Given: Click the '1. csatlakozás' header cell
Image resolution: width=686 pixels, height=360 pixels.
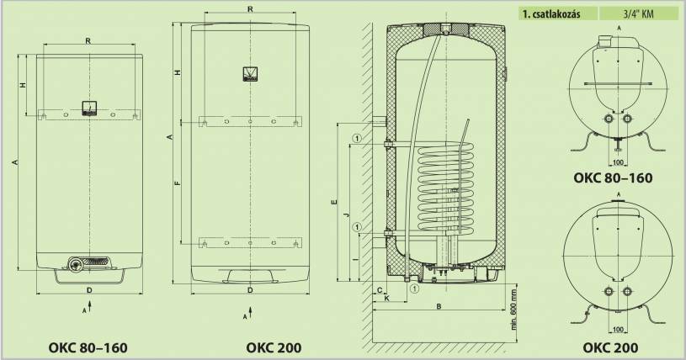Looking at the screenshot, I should click(556, 13).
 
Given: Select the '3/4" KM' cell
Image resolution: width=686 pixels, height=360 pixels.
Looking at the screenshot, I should click(640, 13).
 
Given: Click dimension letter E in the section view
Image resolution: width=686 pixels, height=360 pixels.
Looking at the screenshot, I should click(335, 202).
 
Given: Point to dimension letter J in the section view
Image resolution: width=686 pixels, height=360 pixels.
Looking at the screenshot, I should click(348, 214).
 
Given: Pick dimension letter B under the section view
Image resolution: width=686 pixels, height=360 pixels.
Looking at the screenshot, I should click(439, 305).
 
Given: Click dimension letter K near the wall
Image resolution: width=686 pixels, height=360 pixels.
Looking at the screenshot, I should click(386, 297).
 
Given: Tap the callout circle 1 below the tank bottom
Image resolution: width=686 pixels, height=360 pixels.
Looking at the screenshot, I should click(414, 288).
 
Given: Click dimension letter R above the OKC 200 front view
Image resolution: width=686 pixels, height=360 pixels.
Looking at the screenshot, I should click(250, 9).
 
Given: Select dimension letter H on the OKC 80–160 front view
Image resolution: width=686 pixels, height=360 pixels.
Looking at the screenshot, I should click(23, 87).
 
